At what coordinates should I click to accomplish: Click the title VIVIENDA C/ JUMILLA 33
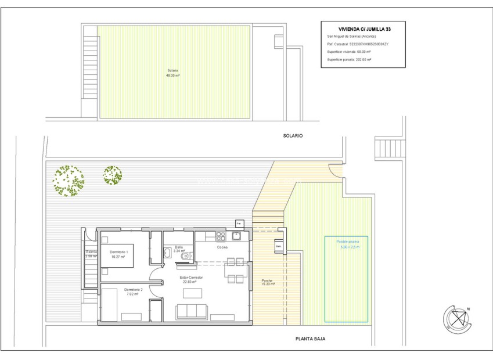click(363, 28)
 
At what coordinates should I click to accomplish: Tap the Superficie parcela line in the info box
click(349, 59)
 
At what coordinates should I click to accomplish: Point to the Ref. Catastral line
click(358, 44)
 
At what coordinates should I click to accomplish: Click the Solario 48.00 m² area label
click(172, 73)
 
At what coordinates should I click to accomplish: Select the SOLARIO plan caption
click(293, 135)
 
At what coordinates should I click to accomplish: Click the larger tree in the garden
click(68, 180)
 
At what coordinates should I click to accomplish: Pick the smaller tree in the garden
click(112, 175)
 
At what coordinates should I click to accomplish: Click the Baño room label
click(179, 249)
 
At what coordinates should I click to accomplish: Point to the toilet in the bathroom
click(185, 256)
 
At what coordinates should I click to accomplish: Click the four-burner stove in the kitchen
click(221, 236)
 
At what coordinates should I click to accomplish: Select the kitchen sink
click(236, 236)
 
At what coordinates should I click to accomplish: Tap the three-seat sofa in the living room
click(192, 312)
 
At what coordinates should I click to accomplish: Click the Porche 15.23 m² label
click(267, 282)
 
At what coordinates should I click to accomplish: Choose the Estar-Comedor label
click(190, 279)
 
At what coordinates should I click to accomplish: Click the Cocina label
click(222, 247)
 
